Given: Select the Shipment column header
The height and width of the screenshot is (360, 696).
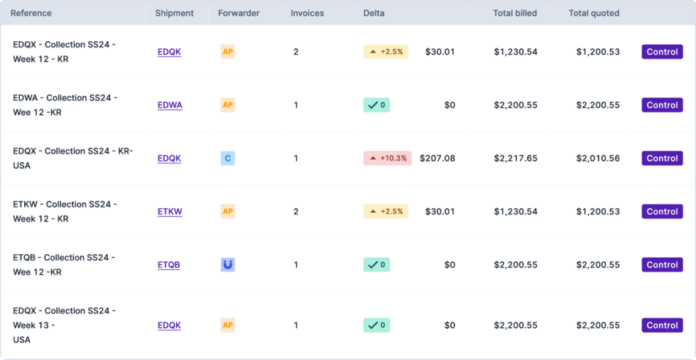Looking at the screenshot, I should click(174, 13).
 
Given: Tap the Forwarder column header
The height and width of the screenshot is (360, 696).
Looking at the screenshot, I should click(239, 13).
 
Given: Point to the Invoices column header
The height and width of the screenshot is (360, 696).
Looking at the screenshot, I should click(308, 13).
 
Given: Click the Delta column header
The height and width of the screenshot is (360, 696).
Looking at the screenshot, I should click(374, 13).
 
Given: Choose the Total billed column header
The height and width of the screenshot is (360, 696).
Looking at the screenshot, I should click(515, 13).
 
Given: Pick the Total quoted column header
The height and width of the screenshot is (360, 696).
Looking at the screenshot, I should click(594, 13).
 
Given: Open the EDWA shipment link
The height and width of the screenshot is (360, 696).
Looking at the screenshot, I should click(170, 105).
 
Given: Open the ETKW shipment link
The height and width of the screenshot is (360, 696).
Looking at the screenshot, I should click(170, 212).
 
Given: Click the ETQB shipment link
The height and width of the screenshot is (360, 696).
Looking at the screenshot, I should click(169, 265).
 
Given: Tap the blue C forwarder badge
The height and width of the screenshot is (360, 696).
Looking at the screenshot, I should click(228, 158).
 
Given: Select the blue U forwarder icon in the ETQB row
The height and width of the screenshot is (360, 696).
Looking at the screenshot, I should click(228, 265).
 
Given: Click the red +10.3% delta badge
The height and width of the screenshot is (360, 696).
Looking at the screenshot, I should click(387, 158).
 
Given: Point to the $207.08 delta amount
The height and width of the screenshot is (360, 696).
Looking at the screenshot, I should click(437, 158).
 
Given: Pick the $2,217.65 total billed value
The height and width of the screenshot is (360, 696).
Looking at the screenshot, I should click(516, 158).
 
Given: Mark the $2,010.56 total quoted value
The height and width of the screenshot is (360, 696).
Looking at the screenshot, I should click(598, 158).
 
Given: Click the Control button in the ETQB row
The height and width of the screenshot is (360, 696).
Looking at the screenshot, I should click(662, 265).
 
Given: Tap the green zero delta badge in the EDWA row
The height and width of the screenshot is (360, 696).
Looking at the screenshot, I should click(376, 105).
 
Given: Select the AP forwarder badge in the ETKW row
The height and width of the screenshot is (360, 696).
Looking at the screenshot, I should click(228, 212).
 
